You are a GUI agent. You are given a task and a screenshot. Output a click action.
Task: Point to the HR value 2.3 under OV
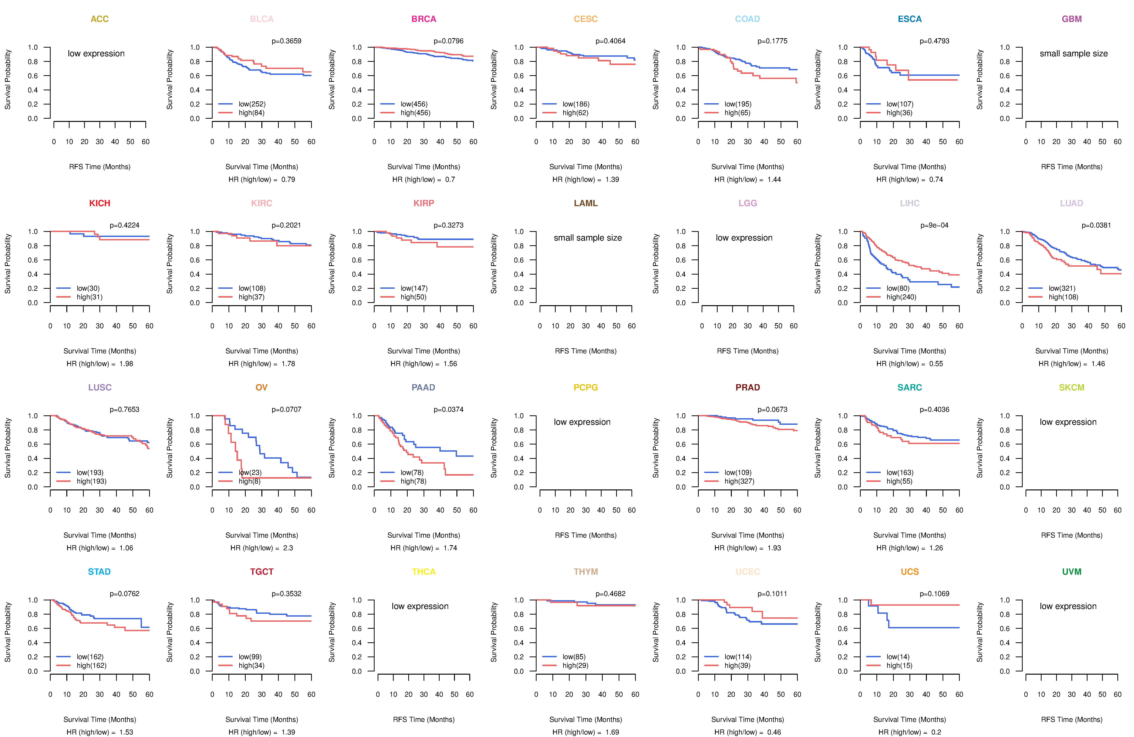(x=288, y=548)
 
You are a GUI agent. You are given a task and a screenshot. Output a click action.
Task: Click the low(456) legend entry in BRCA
(x=414, y=104)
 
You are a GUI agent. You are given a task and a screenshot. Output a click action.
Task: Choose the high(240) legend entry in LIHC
(x=901, y=297)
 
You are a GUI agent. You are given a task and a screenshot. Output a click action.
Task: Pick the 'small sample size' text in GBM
(x=1074, y=53)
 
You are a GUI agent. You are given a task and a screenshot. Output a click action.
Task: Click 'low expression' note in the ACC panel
(x=96, y=53)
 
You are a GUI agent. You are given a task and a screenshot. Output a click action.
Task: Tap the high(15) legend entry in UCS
(x=899, y=666)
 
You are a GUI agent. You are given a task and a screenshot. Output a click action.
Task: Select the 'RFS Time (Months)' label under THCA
(x=424, y=719)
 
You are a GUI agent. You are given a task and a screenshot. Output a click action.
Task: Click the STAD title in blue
(x=99, y=572)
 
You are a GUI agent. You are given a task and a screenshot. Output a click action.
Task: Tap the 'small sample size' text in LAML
(x=587, y=238)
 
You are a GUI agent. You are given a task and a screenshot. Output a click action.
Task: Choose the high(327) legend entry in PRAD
(x=739, y=481)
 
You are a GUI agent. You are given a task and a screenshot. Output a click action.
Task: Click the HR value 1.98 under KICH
(x=126, y=364)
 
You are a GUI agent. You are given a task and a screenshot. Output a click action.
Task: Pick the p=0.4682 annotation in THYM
(x=610, y=594)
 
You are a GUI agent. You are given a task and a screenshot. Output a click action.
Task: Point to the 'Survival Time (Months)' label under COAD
(x=747, y=167)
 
